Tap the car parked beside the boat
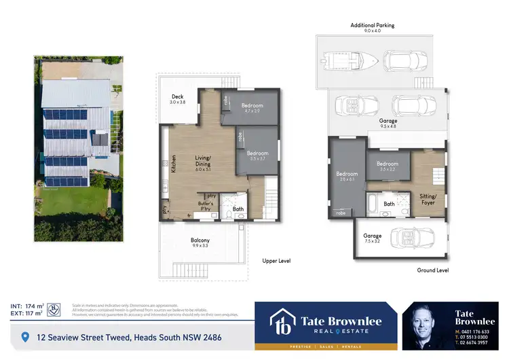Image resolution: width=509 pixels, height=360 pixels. tap(406, 61)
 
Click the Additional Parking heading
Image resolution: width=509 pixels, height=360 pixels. tap(372, 26)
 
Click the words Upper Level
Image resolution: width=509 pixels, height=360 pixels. tap(276, 260)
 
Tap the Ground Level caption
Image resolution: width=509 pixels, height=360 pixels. tap(432, 270)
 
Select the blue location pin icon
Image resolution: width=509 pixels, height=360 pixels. tap(26, 337)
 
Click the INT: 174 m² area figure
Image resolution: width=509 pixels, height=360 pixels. tap(27, 305)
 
